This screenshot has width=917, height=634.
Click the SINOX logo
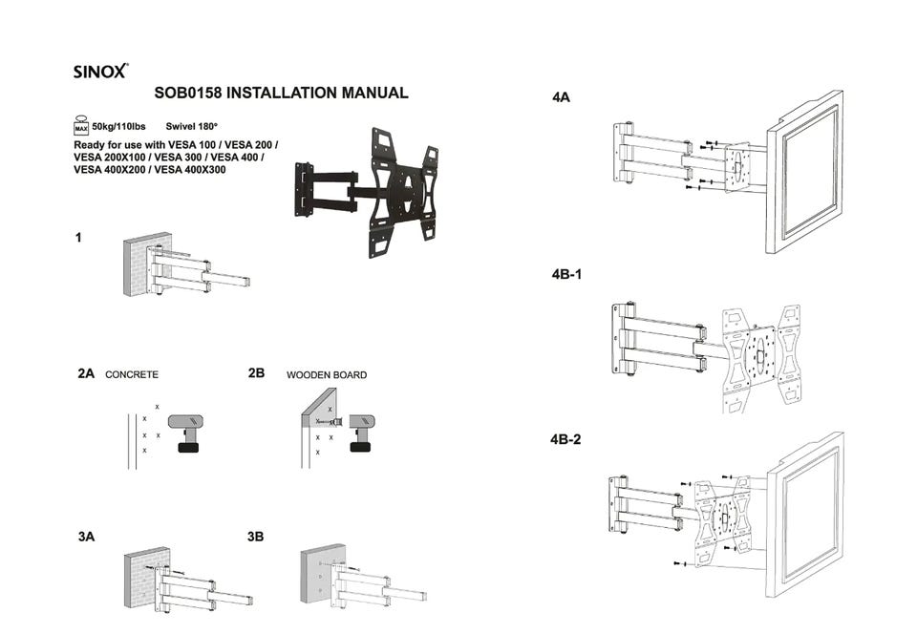100,72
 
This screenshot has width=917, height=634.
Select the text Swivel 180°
192,126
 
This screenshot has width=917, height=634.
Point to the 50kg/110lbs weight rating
118,126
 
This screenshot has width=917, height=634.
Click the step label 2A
86,374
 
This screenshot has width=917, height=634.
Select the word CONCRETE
132,375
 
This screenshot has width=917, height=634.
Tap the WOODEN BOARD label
327,375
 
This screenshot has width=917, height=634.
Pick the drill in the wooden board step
362,431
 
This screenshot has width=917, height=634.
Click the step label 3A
86,538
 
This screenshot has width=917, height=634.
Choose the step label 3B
255,538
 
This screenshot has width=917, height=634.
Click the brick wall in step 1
140,263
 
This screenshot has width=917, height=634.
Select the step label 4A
561,97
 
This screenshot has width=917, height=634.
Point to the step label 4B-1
567,274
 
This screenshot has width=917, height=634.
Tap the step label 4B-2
566,440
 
